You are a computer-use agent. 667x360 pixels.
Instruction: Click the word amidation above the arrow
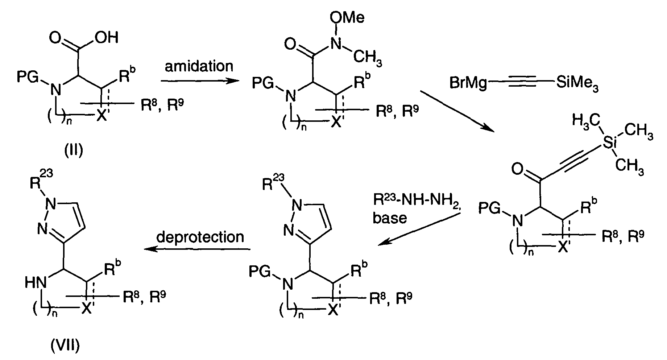pos(199,66)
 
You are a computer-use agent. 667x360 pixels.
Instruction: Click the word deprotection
pos(200,237)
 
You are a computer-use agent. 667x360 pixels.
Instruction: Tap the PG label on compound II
pos(28,77)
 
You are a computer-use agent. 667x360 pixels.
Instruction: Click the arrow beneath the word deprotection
pos(198,249)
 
